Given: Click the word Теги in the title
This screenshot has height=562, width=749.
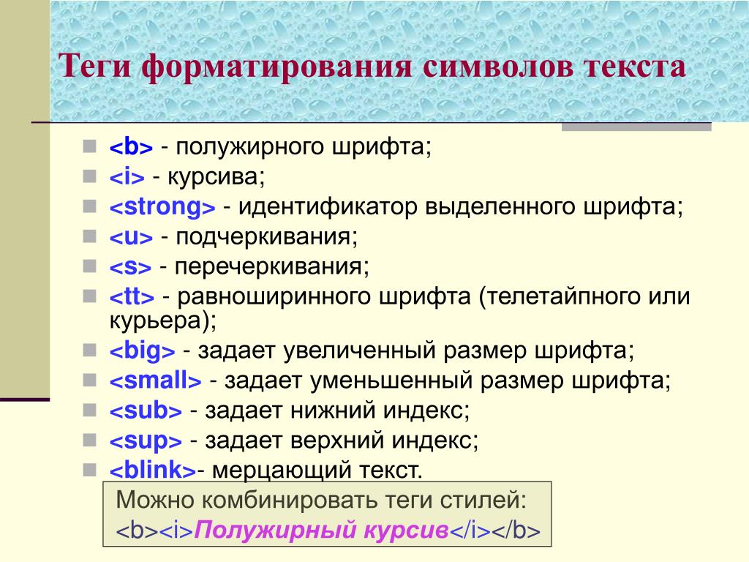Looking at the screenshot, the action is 94,67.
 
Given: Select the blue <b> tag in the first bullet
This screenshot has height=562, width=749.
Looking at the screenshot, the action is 131,146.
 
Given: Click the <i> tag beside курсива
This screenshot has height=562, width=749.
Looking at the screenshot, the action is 127,177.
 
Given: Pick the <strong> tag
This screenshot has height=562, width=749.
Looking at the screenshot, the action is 162,207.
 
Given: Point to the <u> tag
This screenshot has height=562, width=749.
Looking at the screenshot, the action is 131,237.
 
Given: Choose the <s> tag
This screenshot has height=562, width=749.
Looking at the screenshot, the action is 130,266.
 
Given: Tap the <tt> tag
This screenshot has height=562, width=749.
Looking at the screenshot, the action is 132,296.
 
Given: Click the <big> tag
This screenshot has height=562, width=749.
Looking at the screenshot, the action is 143,351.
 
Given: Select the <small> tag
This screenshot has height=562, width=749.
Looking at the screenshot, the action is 155,381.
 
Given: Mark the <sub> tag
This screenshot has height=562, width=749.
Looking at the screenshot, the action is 146,411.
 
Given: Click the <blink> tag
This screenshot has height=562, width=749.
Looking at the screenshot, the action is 153,470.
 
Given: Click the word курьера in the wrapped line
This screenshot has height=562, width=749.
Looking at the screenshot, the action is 154,321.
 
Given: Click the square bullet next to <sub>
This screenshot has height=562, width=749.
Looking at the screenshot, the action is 89,410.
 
